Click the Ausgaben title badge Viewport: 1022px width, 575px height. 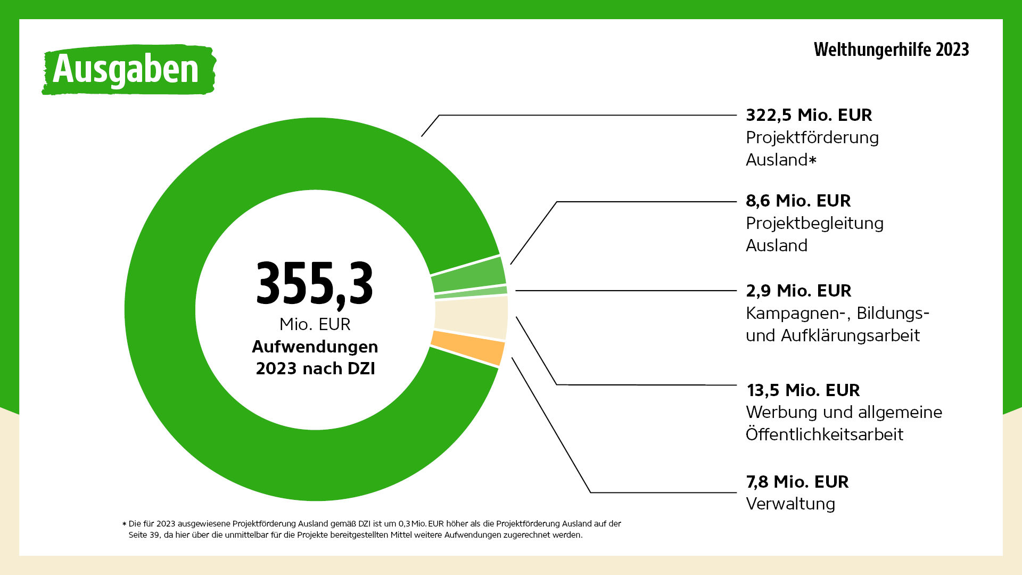coord(128,70)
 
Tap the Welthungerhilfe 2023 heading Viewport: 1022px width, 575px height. coord(891,50)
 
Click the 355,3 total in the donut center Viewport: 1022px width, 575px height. coord(315,284)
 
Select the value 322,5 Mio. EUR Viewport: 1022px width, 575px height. coord(809,115)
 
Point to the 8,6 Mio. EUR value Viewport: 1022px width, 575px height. coord(798,201)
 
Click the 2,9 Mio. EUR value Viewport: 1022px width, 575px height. coord(798,291)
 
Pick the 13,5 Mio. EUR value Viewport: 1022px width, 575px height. coord(803,390)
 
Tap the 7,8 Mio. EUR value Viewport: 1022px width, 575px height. coord(797,482)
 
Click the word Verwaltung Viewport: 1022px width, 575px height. coord(790,504)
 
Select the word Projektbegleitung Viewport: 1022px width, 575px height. coord(814,223)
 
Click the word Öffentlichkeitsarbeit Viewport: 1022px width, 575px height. coord(824,434)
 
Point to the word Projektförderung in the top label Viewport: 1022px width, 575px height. coord(812,137)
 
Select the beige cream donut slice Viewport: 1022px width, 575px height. coord(471,317)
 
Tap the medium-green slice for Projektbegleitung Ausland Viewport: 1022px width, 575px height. coord(468,274)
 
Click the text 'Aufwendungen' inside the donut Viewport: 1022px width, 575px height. coord(315,347)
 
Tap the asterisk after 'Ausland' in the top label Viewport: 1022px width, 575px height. coord(812,160)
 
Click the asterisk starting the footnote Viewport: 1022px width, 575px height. coord(125,524)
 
